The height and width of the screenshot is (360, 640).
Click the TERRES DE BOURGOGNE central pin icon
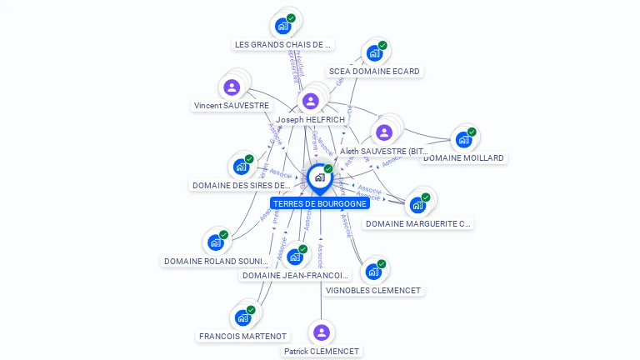click(x=319, y=177)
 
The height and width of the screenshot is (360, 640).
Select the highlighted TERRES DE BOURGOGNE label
click(x=320, y=203)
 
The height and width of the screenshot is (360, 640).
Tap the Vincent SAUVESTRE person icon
click(x=232, y=87)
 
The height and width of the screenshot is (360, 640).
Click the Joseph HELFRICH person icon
click(x=311, y=101)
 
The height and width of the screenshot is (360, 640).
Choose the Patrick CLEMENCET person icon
click(x=322, y=332)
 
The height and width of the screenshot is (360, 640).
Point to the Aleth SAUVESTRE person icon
click(x=383, y=132)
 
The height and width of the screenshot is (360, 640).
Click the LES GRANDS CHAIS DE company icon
click(x=283, y=26)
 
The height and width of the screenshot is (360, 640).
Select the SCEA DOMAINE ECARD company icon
click(x=374, y=53)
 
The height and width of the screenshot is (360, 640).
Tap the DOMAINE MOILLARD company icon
click(x=463, y=140)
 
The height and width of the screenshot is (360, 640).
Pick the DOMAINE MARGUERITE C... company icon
click(x=417, y=205)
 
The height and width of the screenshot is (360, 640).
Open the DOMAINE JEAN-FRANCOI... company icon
click(x=294, y=257)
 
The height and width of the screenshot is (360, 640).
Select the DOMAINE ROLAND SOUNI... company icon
click(x=216, y=242)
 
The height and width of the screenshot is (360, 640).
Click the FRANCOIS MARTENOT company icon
click(x=242, y=317)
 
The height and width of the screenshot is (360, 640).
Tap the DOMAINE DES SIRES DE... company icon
click(x=241, y=167)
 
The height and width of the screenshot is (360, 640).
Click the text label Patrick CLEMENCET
click(x=322, y=352)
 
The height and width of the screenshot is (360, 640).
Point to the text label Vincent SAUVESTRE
click(x=232, y=106)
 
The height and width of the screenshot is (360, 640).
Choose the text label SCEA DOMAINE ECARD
click(x=374, y=72)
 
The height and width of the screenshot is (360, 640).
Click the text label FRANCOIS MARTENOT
click(x=242, y=337)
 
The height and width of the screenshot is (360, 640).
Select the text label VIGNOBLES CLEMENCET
click(x=373, y=291)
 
